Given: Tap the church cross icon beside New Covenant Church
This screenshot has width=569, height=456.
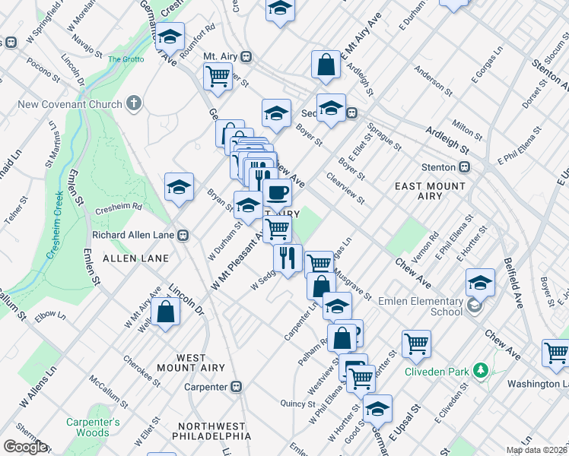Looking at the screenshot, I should click(x=135, y=103).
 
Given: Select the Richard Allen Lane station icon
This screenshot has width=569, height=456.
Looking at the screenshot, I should click(x=183, y=236).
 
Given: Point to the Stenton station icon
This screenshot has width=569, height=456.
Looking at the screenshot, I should click(x=463, y=167).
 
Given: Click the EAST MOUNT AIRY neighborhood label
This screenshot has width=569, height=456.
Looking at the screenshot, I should click(x=430, y=191).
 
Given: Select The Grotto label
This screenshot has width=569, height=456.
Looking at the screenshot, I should click(x=126, y=59).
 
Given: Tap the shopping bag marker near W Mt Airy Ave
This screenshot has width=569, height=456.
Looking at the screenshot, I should click(x=165, y=312).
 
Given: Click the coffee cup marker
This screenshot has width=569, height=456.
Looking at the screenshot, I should click(x=278, y=193).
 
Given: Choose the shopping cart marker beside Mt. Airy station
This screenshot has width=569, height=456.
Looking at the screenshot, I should click(x=218, y=77).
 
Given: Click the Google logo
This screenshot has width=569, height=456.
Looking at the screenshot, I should click(x=25, y=447).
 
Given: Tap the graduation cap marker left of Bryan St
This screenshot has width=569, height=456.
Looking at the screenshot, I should click(x=179, y=186).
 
